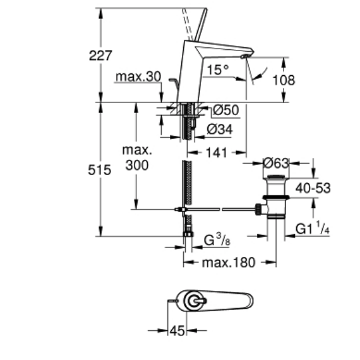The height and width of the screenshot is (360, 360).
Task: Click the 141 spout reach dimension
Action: pyautogui.click(x=217, y=152)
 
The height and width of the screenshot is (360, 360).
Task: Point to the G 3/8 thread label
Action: pyautogui.click(x=216, y=239)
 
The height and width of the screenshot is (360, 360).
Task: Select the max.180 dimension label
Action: pyautogui.click(x=228, y=262)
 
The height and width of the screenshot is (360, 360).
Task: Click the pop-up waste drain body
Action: pyautogui.click(x=275, y=196)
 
